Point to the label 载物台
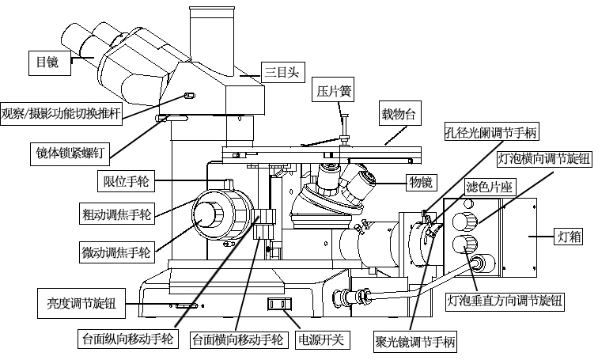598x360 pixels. [399, 114]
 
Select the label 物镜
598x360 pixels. [420, 184]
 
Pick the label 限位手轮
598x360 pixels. [127, 181]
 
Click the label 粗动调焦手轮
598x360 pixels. [115, 214]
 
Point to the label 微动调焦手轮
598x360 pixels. [115, 253]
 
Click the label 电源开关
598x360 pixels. [320, 340]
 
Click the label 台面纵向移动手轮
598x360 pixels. [127, 340]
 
